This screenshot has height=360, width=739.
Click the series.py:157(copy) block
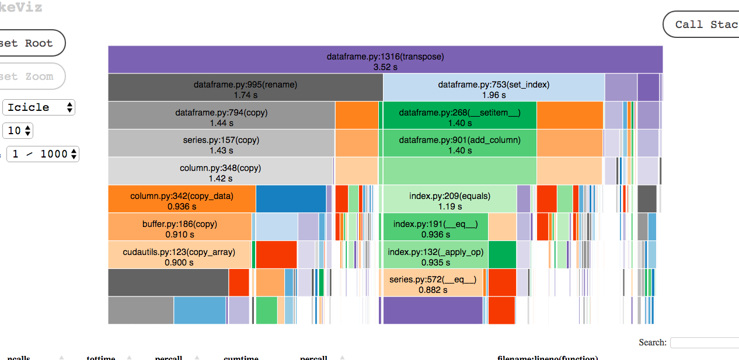point(221,144)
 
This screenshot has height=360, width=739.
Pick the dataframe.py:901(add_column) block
point(459,144)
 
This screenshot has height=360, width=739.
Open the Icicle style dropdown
point(39,107)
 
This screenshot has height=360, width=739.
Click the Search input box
point(704,342)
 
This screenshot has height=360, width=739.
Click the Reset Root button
point(29,43)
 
